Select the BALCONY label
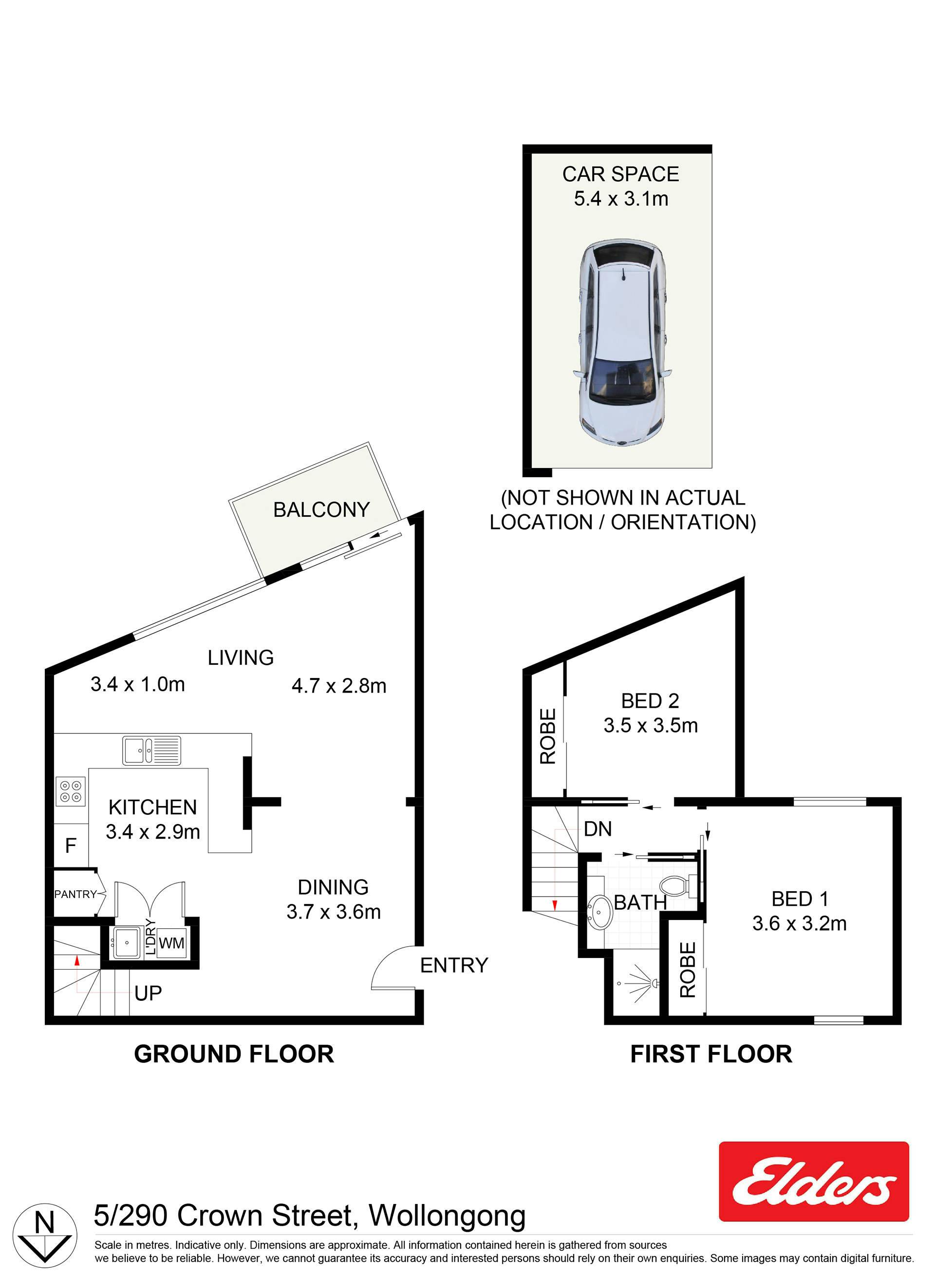click(321, 509)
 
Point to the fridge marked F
click(71, 846)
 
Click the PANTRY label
click(75, 895)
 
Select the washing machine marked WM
click(171, 943)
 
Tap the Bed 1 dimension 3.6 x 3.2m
click(799, 923)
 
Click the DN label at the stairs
click(598, 829)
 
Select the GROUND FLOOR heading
click(234, 1054)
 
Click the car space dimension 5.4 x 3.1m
click(621, 199)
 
